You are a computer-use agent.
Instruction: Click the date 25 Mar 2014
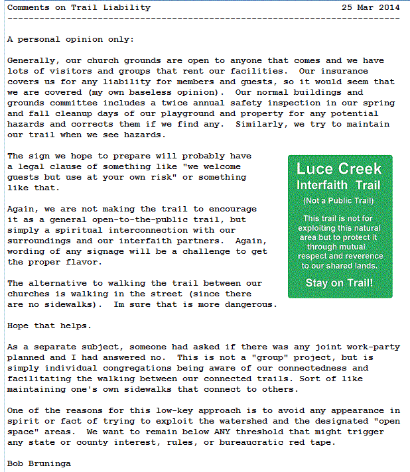371,7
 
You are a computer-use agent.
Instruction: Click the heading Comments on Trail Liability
79,7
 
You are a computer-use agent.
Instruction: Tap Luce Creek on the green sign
339,169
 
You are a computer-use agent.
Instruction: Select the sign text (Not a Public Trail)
339,200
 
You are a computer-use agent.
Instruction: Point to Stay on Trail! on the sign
339,283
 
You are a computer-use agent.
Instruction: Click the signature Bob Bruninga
39,464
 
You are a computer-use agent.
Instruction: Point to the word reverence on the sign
358,255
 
